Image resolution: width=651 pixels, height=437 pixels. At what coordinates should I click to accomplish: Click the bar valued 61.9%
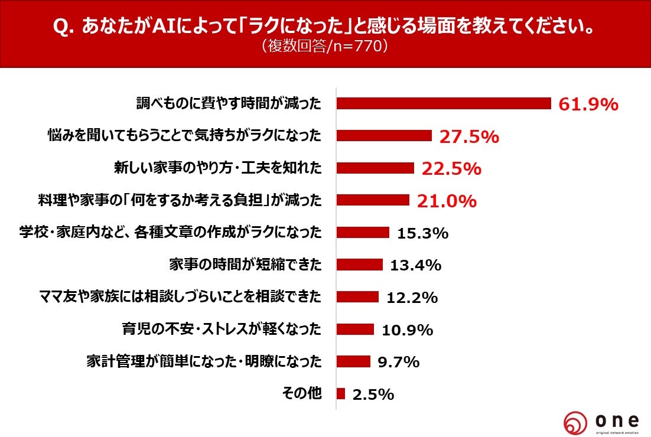443,103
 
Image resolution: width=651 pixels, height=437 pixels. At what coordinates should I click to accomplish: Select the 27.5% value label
469,136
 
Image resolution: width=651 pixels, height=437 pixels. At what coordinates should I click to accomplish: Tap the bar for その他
341,393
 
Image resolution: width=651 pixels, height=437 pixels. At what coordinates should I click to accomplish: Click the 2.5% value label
373,394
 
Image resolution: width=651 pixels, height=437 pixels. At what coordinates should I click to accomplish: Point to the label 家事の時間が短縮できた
246,265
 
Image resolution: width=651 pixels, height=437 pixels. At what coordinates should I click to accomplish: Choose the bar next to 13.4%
359,265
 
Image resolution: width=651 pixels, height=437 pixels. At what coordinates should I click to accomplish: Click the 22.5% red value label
451,169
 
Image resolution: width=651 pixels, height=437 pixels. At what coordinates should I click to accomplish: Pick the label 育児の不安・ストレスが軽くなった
222,329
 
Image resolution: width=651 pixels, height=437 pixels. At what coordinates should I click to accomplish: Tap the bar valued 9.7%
353,361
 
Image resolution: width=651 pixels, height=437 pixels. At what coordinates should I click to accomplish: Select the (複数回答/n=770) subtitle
324,46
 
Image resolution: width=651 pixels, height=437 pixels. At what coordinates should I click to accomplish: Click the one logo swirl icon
575,423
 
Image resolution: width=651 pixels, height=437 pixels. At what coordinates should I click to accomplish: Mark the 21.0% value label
447,201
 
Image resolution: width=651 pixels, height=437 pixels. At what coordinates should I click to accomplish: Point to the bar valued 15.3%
363,232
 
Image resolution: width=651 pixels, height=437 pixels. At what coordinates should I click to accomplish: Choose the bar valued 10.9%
355,329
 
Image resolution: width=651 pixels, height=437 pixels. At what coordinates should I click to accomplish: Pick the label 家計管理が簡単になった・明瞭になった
204,361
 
